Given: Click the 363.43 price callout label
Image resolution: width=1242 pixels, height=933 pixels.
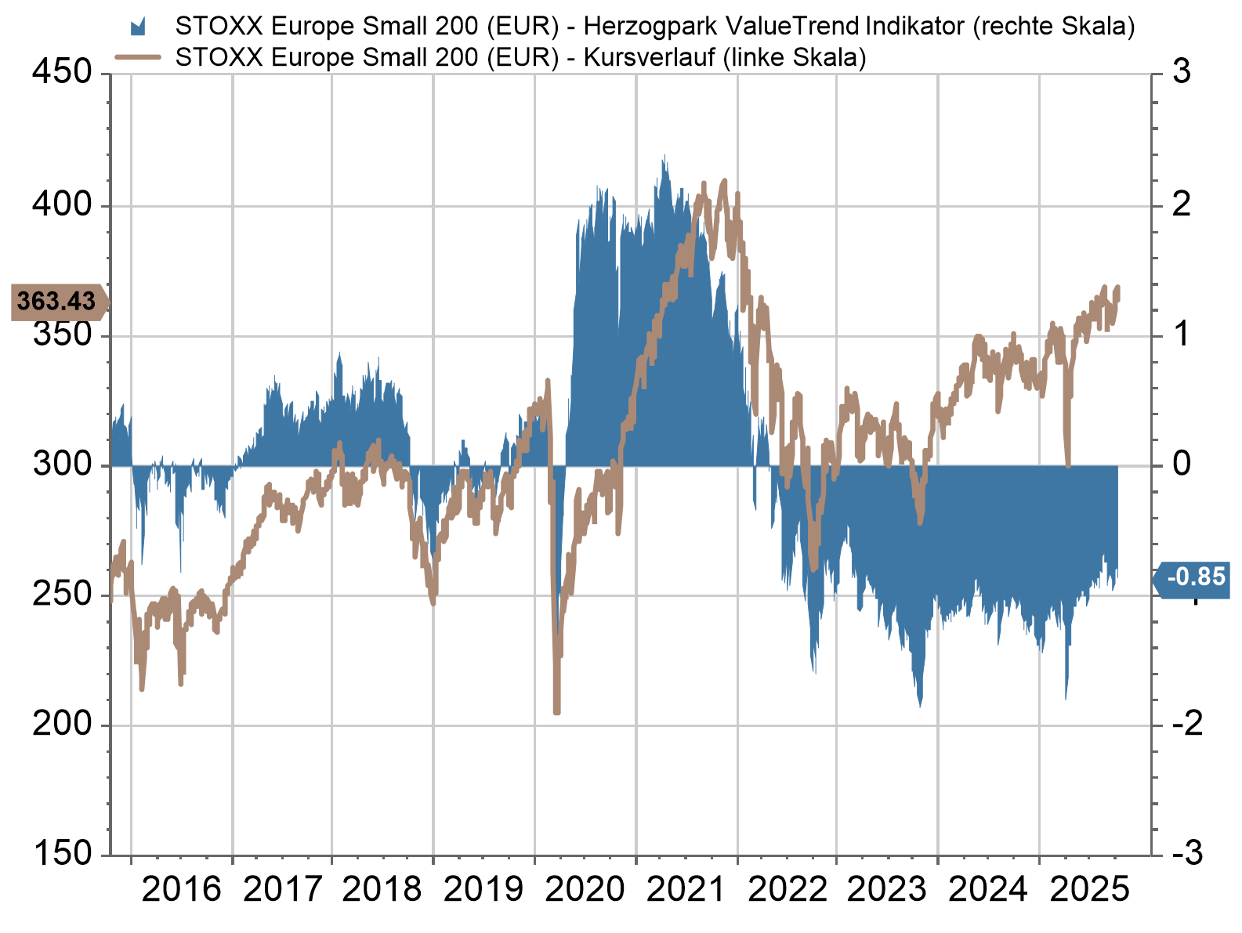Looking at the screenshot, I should [56, 302].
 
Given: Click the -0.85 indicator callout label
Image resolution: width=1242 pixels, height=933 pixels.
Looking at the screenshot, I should [1195, 577].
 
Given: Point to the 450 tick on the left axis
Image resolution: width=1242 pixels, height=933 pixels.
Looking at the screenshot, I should [62, 72].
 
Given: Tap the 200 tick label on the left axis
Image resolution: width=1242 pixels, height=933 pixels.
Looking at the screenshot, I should [62, 724].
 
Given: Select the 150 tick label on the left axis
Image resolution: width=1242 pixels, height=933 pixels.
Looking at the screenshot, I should [62, 853].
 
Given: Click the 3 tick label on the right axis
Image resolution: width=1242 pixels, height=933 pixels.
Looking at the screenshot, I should [1182, 72].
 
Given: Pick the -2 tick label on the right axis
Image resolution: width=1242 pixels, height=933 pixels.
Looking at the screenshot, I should [1187, 724].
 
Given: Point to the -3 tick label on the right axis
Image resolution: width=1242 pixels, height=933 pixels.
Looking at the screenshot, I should [1187, 853].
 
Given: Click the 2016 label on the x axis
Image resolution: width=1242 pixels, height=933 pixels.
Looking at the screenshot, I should [182, 890].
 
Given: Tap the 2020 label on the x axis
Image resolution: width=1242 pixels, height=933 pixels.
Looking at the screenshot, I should [585, 890].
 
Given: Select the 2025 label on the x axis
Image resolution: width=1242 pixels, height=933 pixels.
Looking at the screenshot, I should [1089, 890].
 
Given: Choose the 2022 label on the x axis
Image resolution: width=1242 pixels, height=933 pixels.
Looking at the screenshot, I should [788, 890].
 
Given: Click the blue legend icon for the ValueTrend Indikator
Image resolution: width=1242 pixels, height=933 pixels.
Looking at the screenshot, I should [138, 27].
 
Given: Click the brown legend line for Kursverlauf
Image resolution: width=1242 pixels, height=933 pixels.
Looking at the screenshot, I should [138, 57].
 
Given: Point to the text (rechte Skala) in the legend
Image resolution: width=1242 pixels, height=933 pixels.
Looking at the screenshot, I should [1054, 27].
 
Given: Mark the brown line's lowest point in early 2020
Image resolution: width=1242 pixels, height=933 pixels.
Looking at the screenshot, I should [556, 711].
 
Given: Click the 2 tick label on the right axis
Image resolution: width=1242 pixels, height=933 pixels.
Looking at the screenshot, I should [1182, 205].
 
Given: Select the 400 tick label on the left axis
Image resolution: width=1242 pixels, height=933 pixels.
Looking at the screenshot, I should [62, 205].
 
